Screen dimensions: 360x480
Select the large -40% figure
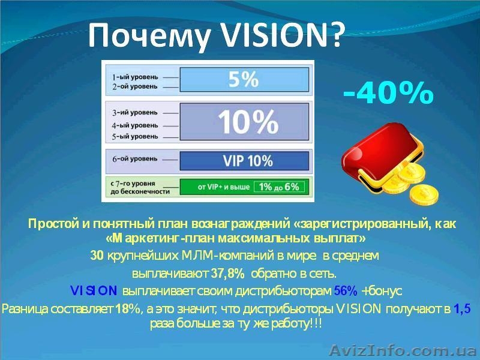(388, 94)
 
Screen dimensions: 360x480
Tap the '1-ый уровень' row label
(136, 77)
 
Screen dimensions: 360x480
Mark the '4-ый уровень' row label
(136, 125)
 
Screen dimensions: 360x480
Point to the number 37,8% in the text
(228, 274)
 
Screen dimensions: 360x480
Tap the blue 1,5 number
(462, 310)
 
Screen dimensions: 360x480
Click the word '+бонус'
(382, 291)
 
